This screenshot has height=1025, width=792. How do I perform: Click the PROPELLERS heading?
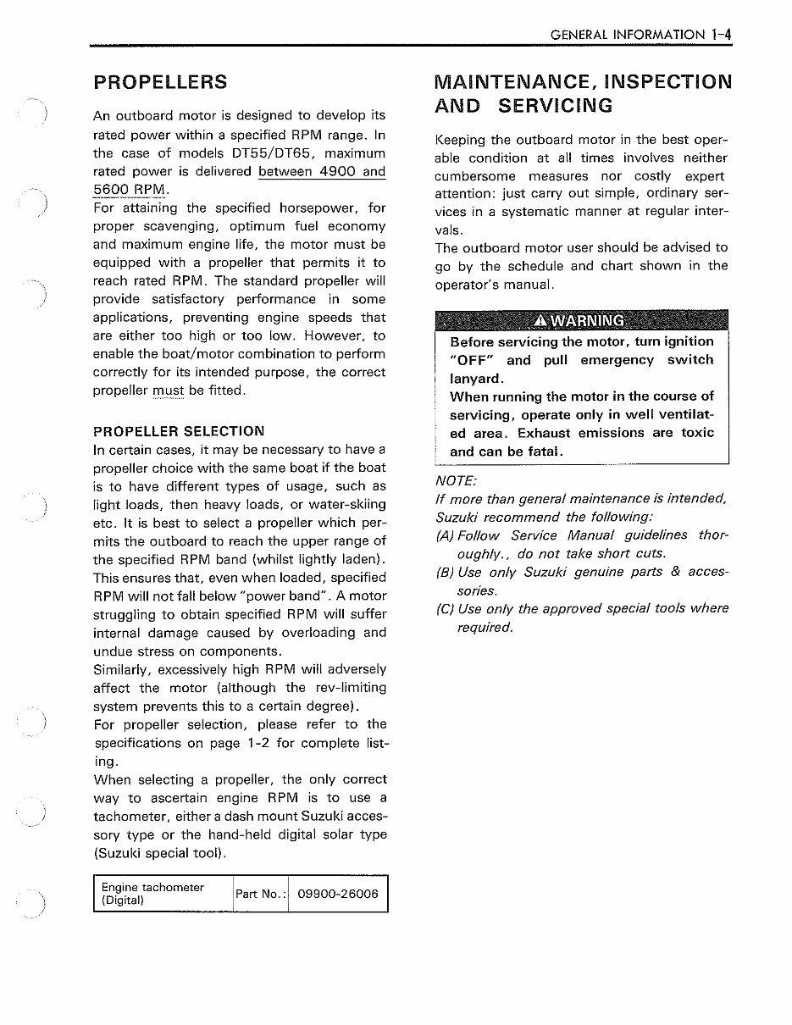coord(160,82)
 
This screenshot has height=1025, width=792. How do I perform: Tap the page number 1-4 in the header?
coord(722,35)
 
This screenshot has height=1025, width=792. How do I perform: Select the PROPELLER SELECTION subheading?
coord(178,431)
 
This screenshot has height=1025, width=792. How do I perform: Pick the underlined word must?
coord(168,391)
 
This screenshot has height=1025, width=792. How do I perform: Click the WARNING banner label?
coord(581,321)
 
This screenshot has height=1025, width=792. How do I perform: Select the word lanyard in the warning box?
coord(477,379)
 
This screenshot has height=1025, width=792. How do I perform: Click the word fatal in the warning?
coord(541,452)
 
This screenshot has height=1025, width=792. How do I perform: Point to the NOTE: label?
coord(456,480)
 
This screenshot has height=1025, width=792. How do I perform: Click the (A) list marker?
coord(445,535)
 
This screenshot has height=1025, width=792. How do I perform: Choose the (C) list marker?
coord(445,608)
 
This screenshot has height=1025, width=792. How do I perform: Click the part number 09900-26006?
coord(338,894)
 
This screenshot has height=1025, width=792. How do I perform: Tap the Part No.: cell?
coord(260,894)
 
